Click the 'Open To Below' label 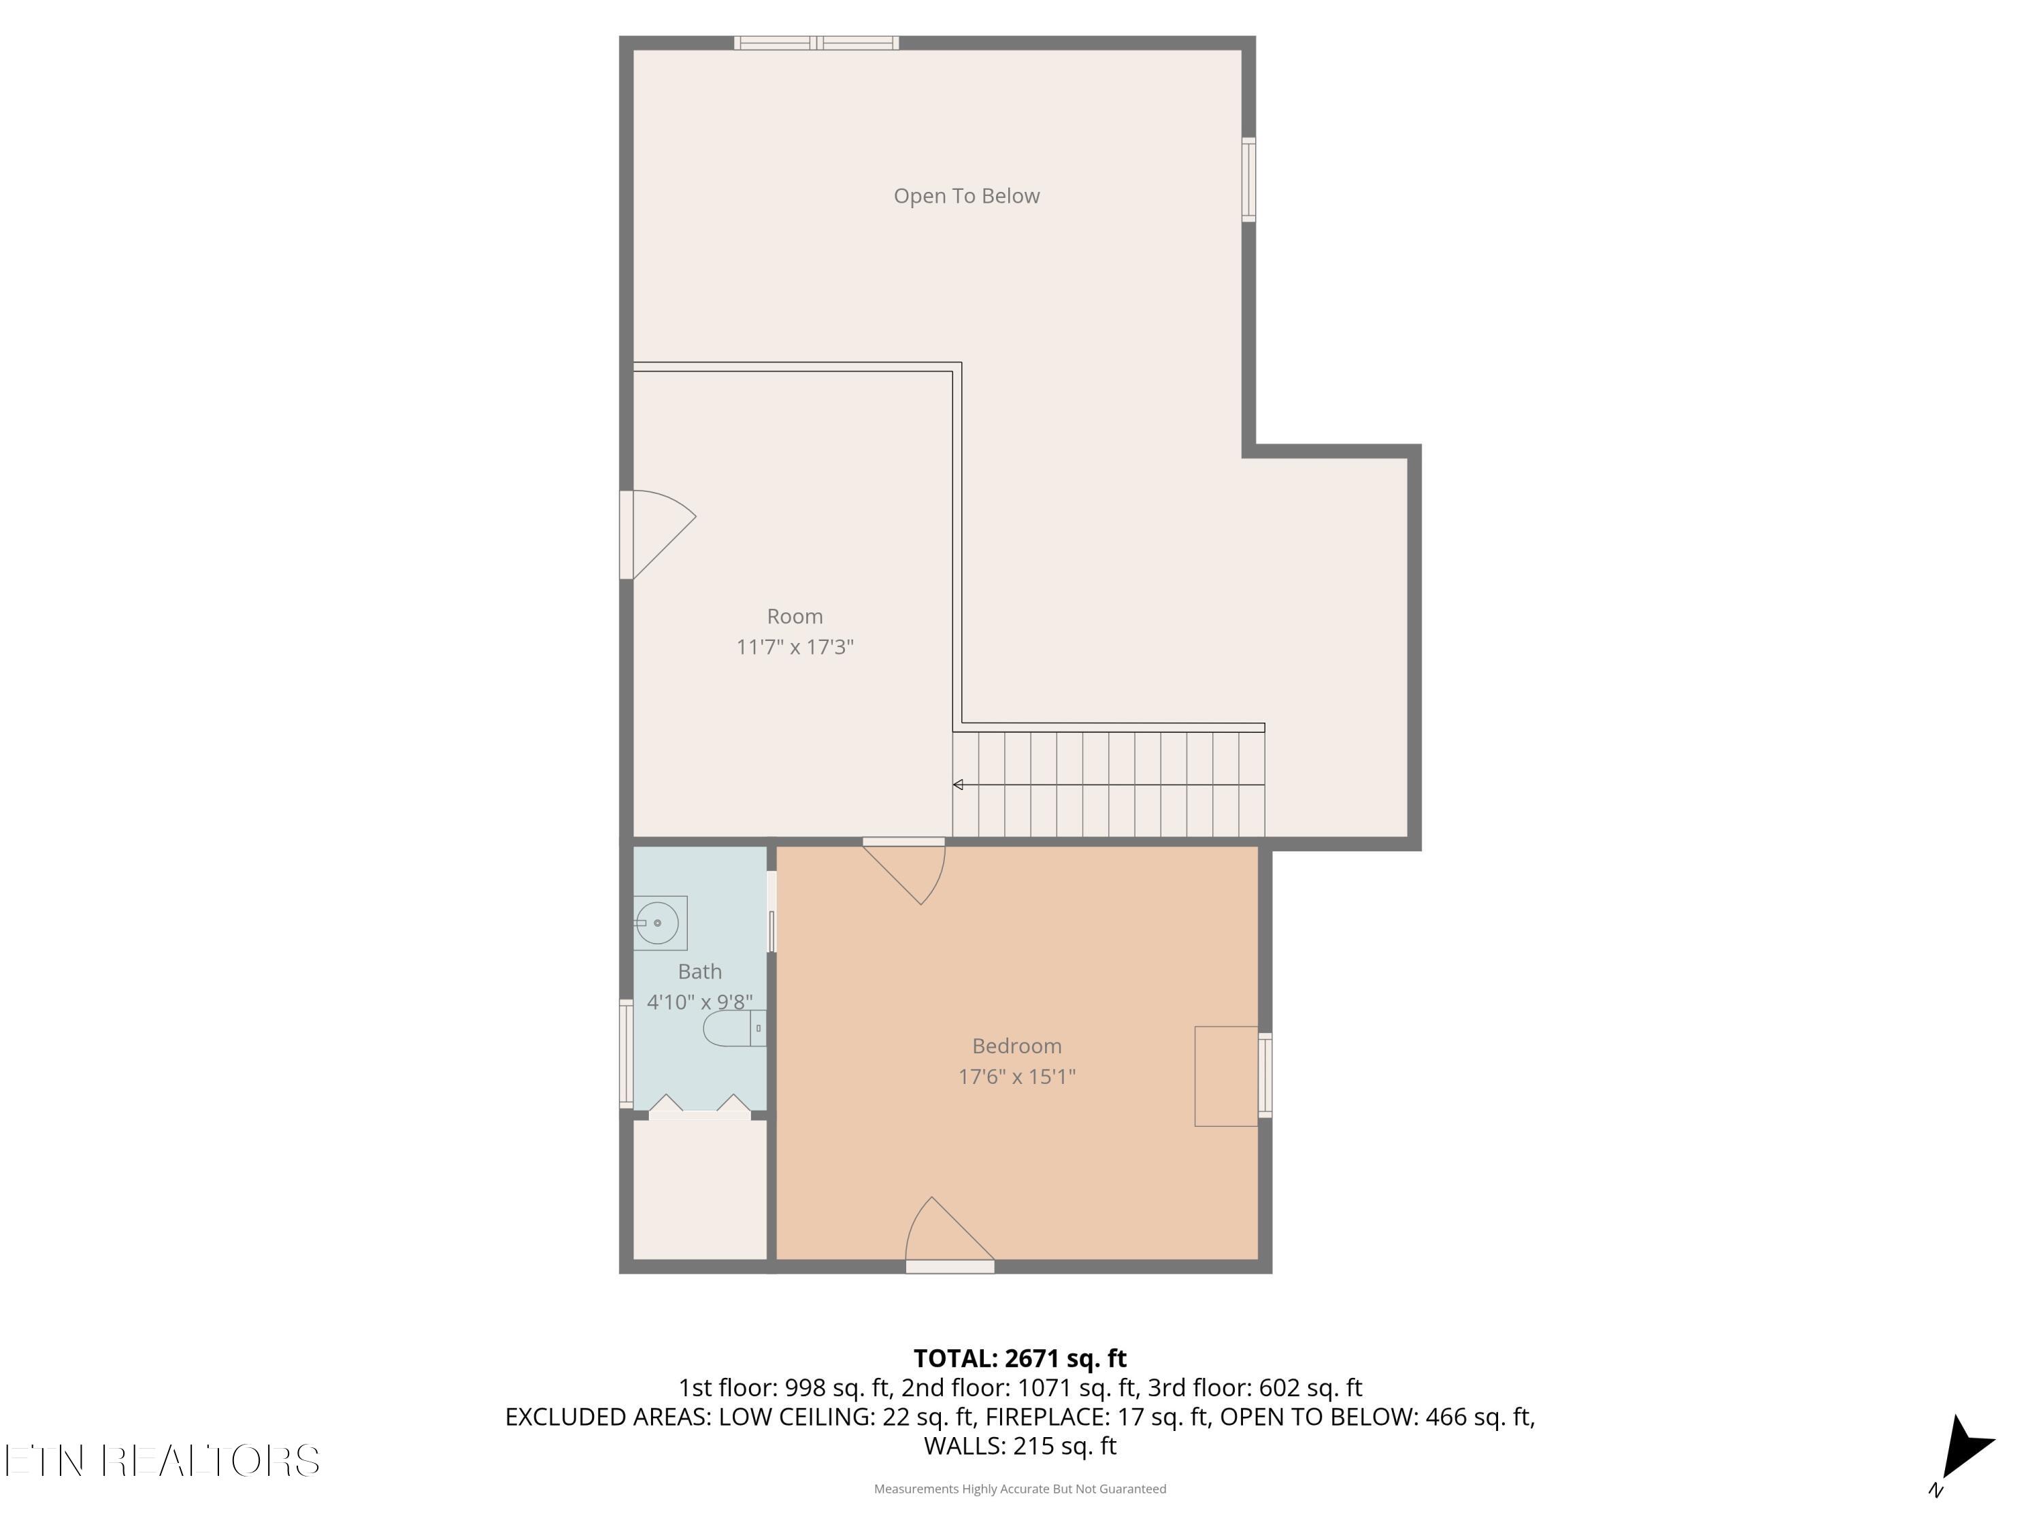click(x=966, y=196)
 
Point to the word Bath click(x=699, y=972)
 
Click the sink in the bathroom click(x=659, y=923)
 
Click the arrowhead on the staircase click(x=958, y=785)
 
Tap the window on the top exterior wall click(x=816, y=42)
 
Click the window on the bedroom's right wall click(x=1265, y=1075)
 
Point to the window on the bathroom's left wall click(x=626, y=1054)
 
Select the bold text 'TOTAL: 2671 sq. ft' click(x=1020, y=1358)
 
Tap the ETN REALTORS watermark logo click(x=163, y=1461)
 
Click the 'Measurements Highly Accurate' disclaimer click(x=1020, y=1489)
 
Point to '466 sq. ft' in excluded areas click(x=1479, y=1417)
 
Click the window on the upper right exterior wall click(x=1248, y=179)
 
